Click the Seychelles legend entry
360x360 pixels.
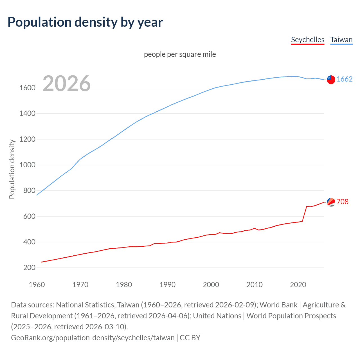click(x=308, y=40)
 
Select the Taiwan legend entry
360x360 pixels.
click(x=341, y=40)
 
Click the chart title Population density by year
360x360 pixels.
click(x=85, y=22)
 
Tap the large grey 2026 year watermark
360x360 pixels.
click(x=67, y=84)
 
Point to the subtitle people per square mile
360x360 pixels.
click(x=180, y=54)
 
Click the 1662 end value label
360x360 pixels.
click(x=345, y=79)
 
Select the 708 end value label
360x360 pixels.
click(x=343, y=202)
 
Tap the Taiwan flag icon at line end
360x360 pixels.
click(x=331, y=80)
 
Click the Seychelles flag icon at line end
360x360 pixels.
click(x=331, y=202)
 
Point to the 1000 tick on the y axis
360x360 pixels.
click(x=27, y=165)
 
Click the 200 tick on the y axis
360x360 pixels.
click(x=29, y=267)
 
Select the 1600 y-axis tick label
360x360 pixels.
click(x=27, y=88)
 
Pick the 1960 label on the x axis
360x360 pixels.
click(x=37, y=285)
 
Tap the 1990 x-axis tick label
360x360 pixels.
click(x=167, y=285)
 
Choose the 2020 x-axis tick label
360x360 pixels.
click(x=298, y=285)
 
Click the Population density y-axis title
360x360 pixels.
click(x=12, y=169)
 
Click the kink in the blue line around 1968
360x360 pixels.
click(x=72, y=168)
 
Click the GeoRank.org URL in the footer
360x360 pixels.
click(x=93, y=337)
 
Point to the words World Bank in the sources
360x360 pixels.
click(x=278, y=305)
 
